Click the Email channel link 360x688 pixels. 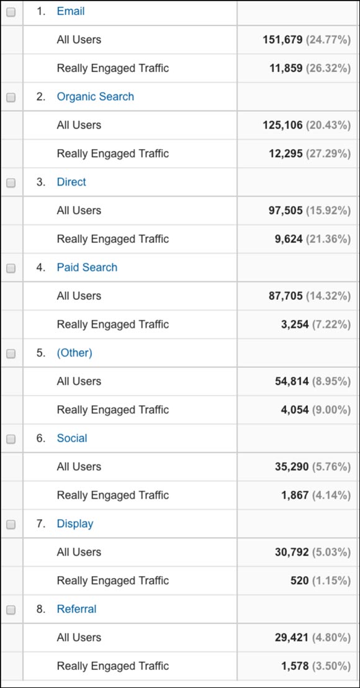[x=70, y=11]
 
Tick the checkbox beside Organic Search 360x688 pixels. [x=11, y=97]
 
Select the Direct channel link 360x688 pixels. [x=71, y=182]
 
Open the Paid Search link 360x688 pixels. [x=87, y=268]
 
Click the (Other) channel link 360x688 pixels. [x=74, y=353]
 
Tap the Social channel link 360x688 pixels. [x=72, y=438]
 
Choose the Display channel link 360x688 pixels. [x=75, y=523]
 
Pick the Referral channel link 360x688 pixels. [x=76, y=609]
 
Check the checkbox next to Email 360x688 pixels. [x=11, y=12]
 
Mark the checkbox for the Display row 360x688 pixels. [x=11, y=524]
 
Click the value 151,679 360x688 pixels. [x=282, y=40]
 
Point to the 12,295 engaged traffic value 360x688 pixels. [x=286, y=153]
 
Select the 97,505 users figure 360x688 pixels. [x=286, y=210]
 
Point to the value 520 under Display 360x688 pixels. [x=299, y=581]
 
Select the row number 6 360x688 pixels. [x=41, y=438]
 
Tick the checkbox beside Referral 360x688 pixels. [x=11, y=610]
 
